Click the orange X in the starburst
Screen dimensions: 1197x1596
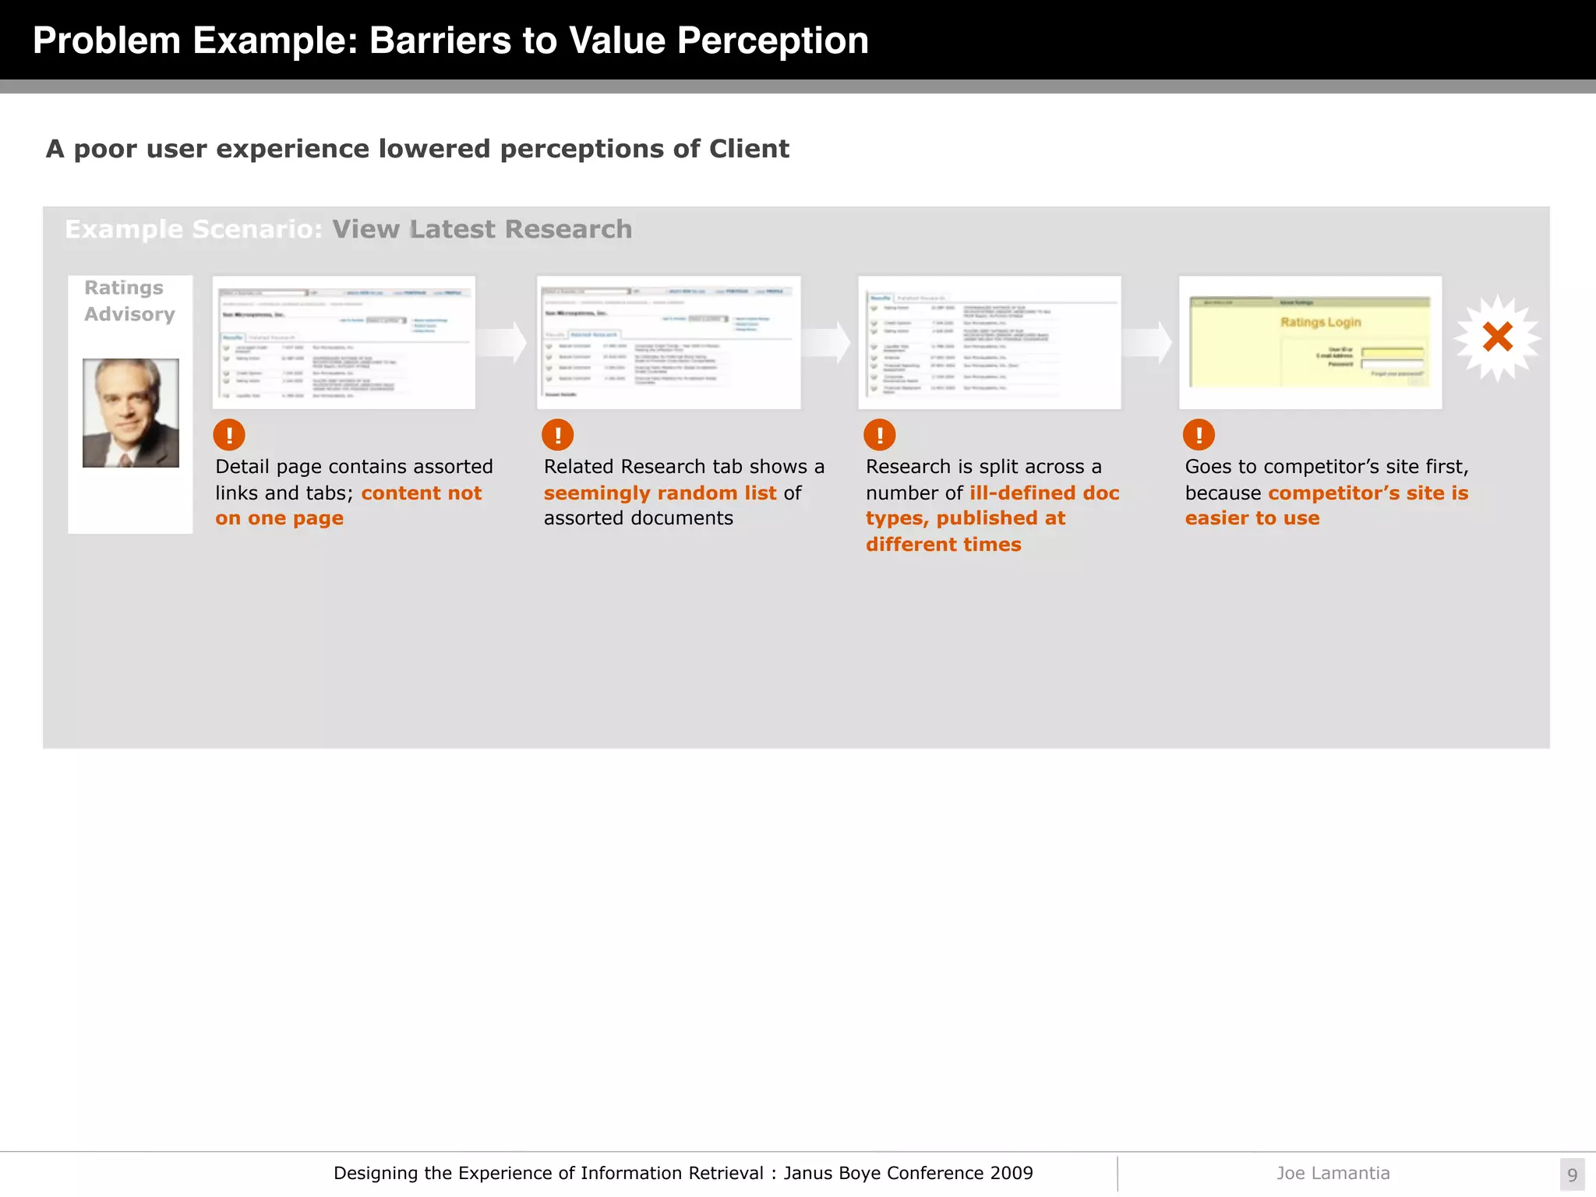tap(1497, 337)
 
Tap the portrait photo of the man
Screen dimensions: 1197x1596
tap(131, 413)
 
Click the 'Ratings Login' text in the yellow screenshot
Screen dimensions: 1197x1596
tap(1320, 322)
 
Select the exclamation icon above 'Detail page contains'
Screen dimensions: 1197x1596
tap(229, 435)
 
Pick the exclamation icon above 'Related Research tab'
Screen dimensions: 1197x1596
tap(558, 435)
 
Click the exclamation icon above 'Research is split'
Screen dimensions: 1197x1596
tap(880, 435)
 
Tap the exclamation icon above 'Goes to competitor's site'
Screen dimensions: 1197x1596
tap(1199, 435)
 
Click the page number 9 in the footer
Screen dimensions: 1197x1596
tap(1572, 1174)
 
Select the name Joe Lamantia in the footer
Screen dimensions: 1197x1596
tap(1333, 1173)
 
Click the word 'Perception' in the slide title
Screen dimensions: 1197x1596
tap(772, 41)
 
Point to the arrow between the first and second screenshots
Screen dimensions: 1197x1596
tap(504, 342)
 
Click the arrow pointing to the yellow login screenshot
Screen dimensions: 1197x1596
tap(1149, 342)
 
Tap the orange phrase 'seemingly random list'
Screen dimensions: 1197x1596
tap(660, 493)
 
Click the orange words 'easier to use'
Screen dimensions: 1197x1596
tap(1252, 518)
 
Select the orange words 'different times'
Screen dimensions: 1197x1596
tap(943, 545)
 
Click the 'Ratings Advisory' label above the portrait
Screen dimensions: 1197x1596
tap(129, 301)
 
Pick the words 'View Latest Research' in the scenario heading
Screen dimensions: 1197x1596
tap(482, 229)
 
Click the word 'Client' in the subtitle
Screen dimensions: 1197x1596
tap(749, 149)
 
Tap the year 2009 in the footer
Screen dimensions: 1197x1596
tap(1012, 1173)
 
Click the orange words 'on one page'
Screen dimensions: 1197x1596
tap(279, 518)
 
